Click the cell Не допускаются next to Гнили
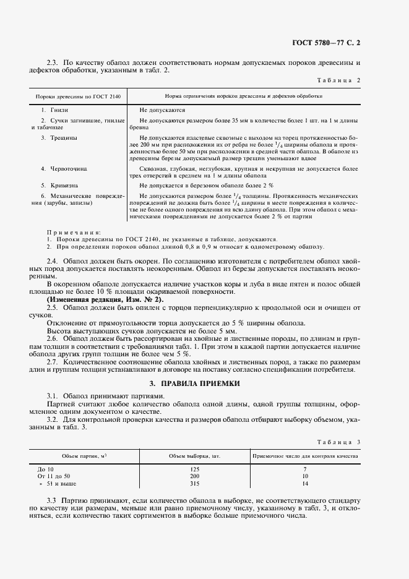pos(163,109)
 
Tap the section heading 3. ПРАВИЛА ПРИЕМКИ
pos(204,384)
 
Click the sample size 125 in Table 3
pos(196,470)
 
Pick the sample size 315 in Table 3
pos(196,484)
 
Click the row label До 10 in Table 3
pos(46,470)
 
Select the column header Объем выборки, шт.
pos(196,456)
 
